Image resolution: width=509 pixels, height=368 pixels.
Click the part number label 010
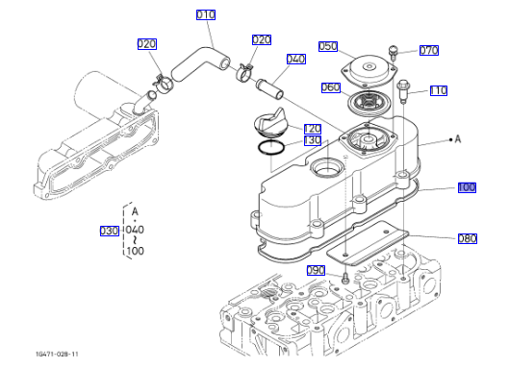coord(206,14)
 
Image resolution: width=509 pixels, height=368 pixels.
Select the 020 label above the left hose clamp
coord(147,44)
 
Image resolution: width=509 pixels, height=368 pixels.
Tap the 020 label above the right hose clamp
coord(262,40)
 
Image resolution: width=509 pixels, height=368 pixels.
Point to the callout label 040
coord(296,59)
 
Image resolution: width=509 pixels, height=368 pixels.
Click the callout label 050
coord(328,46)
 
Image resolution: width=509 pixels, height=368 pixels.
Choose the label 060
coord(331,87)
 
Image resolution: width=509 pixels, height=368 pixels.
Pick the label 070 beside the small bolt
coord(429,50)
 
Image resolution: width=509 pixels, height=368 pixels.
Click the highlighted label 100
coord(467,187)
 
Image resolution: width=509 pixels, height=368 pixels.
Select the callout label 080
coord(468,238)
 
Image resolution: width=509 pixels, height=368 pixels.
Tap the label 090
coord(316,270)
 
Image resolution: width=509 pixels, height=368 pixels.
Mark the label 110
coord(439,90)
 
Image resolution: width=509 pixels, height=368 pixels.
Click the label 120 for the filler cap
coord(313,129)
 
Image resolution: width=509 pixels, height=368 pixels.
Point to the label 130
coord(313,140)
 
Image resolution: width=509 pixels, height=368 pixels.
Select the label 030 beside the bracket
coord(110,231)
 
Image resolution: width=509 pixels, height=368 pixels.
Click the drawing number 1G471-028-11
coord(57,354)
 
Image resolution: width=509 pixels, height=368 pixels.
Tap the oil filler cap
coord(269,121)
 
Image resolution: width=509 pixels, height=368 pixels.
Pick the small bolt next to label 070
coord(394,53)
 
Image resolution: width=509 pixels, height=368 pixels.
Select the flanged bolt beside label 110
coord(403,90)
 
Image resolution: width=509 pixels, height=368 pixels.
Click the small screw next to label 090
coord(345,279)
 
